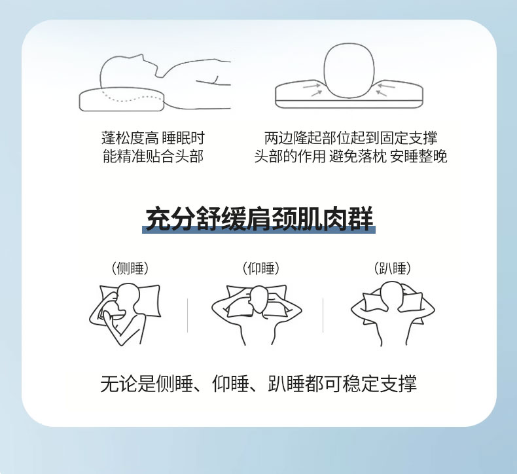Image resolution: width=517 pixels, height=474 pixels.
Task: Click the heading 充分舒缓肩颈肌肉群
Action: (259, 218)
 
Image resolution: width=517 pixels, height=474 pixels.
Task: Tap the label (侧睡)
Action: (130, 268)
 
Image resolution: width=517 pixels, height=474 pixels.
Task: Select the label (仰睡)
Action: (261, 268)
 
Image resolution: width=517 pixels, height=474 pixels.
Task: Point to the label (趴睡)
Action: (393, 268)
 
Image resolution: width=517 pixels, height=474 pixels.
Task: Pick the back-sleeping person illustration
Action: (257, 315)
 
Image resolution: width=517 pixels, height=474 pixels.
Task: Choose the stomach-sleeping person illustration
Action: (393, 314)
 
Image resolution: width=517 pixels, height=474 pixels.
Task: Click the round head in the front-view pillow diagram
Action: (349, 70)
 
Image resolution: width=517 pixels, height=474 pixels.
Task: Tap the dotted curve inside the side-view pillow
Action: (132, 98)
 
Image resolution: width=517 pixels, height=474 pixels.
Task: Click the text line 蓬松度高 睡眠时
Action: (153, 138)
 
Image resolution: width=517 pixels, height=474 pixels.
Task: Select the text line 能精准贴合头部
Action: (153, 156)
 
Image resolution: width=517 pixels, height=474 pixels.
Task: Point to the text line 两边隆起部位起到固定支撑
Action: (351, 138)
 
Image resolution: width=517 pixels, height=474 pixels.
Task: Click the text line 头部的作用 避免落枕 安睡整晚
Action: (351, 156)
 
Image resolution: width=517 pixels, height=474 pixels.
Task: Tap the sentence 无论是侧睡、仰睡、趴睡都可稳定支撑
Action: (258, 384)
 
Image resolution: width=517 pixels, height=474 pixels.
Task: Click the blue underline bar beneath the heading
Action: (259, 230)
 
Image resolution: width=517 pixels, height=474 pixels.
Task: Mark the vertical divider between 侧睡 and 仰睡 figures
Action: (187, 316)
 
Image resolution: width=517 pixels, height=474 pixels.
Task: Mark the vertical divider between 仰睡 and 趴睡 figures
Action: (323, 316)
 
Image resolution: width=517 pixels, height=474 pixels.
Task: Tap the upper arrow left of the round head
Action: (312, 86)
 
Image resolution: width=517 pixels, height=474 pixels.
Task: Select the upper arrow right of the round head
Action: (386, 86)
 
